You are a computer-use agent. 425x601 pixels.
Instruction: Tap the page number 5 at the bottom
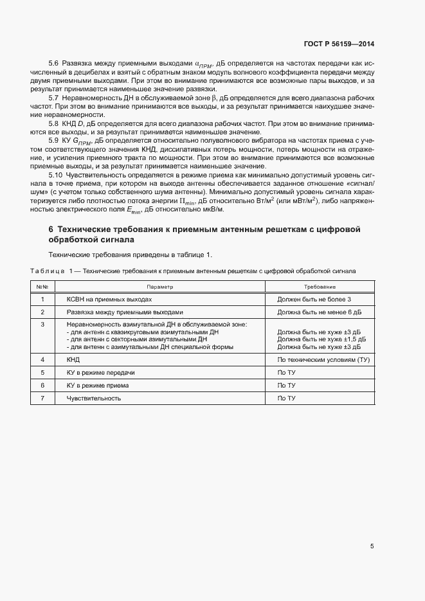point(372,546)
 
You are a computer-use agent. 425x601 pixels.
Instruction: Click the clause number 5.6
point(54,64)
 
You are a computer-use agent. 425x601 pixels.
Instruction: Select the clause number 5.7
point(54,97)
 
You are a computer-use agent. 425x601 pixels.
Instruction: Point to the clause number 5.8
point(54,122)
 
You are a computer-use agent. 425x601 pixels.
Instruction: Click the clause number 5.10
point(56,175)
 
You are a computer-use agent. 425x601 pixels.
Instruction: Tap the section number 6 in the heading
point(51,229)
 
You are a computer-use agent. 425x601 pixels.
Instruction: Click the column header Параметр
point(159,287)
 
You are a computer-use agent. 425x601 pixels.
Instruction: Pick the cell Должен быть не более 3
point(314,300)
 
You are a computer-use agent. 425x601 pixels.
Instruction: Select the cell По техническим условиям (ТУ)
point(323,360)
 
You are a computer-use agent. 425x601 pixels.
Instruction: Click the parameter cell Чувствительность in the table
point(94,398)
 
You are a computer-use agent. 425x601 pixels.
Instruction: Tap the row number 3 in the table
point(42,325)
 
